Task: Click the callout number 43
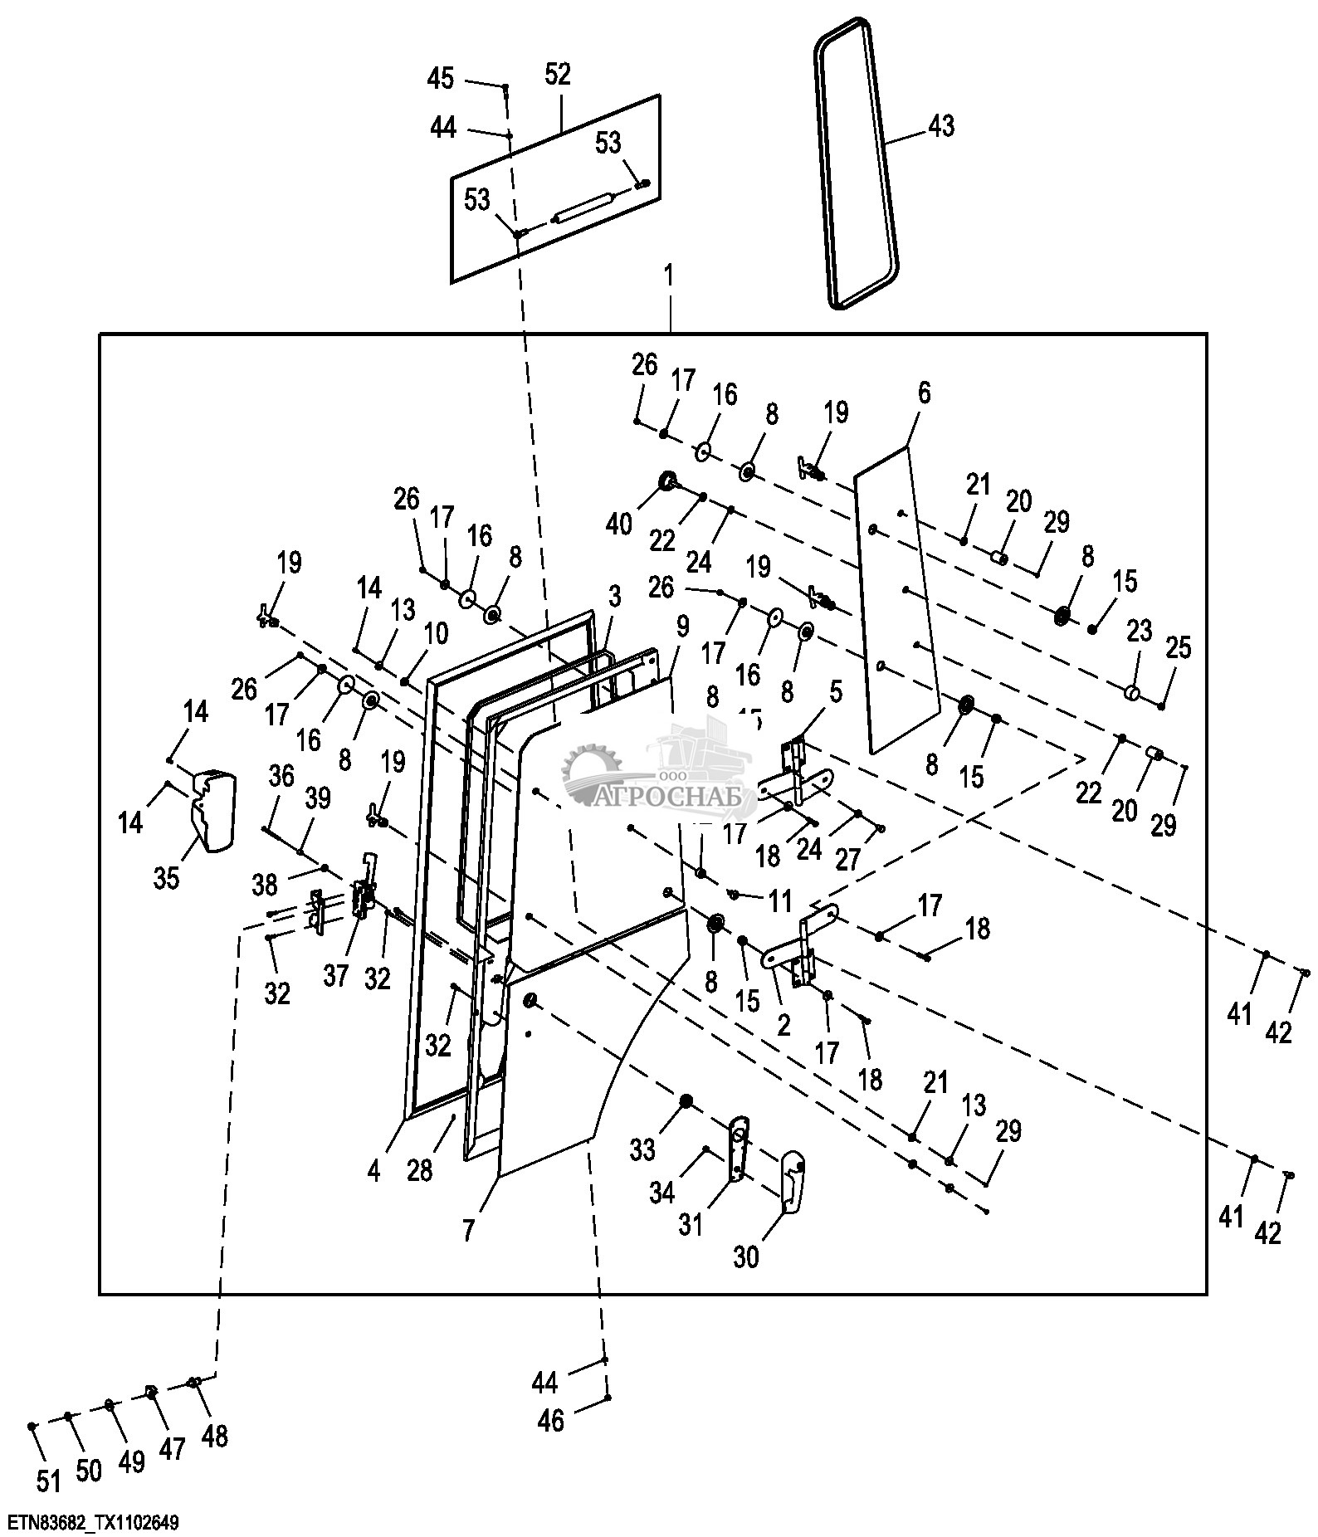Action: [941, 126]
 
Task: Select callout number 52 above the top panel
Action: [558, 74]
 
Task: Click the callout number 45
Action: [441, 79]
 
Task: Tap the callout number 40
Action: [620, 524]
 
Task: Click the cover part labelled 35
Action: [214, 810]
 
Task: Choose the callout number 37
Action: [335, 976]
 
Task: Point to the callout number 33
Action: [642, 1149]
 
